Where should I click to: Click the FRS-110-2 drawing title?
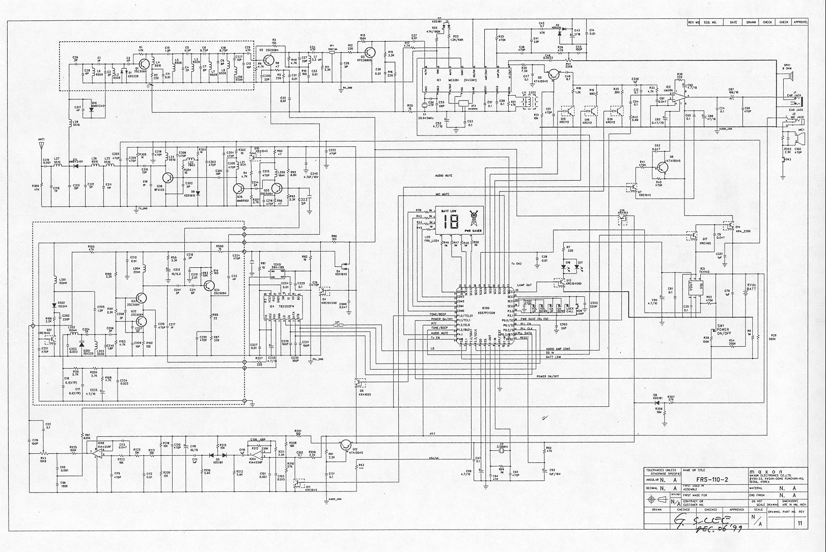point(711,480)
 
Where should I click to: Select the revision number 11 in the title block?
point(800,523)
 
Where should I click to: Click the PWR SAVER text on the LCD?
point(473,231)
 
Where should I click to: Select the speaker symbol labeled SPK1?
point(788,77)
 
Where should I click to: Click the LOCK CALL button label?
point(569,309)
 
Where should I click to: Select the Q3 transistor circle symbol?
point(370,53)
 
